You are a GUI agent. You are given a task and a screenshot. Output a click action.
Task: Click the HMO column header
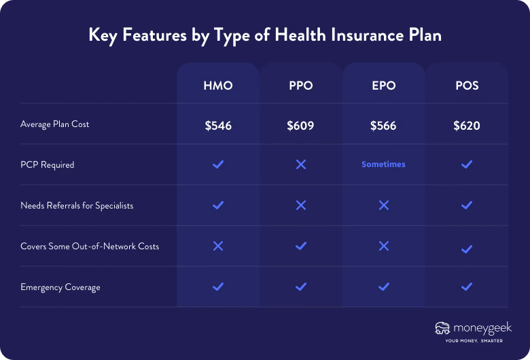[217, 86]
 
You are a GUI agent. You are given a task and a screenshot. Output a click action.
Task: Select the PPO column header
[301, 86]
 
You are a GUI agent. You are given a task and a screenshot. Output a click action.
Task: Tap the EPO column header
[384, 86]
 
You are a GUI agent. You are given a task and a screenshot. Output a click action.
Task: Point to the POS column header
[467, 86]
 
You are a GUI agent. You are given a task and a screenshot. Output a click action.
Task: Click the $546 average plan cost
[217, 126]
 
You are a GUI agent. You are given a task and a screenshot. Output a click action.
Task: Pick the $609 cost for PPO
[301, 126]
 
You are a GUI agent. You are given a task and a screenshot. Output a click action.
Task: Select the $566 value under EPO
[384, 126]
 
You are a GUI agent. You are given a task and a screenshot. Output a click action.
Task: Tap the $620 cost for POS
[467, 126]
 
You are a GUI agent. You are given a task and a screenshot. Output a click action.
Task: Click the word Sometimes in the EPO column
[384, 164]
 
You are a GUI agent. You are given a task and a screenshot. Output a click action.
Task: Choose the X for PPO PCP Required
[301, 164]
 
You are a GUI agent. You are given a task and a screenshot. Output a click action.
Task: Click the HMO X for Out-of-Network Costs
[217, 246]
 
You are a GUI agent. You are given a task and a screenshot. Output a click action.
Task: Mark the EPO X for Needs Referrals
[384, 205]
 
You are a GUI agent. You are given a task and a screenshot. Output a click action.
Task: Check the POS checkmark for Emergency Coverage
[467, 287]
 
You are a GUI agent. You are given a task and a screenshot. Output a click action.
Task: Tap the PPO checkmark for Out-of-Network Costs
[301, 246]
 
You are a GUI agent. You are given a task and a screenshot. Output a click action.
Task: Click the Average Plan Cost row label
[55, 124]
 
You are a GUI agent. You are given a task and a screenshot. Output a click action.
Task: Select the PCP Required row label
[48, 165]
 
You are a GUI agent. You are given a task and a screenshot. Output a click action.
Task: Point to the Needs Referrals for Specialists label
[77, 206]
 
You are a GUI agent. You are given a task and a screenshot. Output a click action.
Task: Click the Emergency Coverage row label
[60, 287]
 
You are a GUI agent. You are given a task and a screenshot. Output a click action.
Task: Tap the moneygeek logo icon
[442, 329]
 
